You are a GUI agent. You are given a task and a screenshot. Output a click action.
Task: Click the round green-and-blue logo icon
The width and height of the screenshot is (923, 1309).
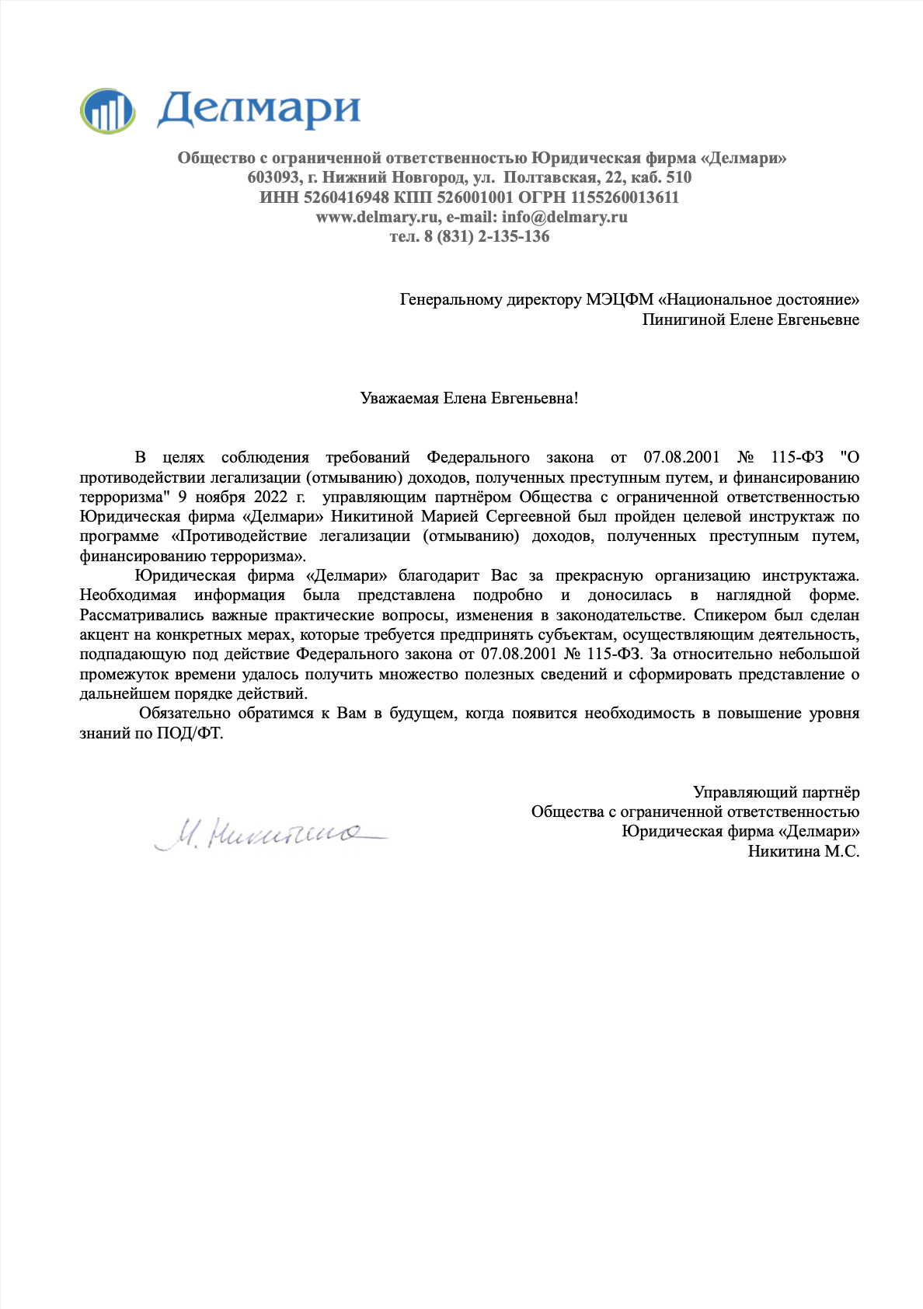(x=107, y=110)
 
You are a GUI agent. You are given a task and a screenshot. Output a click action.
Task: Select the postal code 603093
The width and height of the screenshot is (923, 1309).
(x=273, y=177)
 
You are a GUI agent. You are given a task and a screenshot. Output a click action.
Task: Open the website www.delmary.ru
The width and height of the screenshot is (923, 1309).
(x=378, y=217)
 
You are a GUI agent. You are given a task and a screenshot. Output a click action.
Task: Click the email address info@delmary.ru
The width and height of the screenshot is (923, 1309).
(x=564, y=217)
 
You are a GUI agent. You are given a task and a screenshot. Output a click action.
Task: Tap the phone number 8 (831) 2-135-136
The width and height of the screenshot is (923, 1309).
(x=487, y=236)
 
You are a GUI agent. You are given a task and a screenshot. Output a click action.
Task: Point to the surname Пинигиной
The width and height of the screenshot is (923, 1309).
(x=683, y=319)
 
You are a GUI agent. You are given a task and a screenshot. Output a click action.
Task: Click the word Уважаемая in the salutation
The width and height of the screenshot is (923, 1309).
(x=399, y=399)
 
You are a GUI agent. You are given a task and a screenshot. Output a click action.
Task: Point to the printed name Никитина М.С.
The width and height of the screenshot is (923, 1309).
(x=803, y=851)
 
